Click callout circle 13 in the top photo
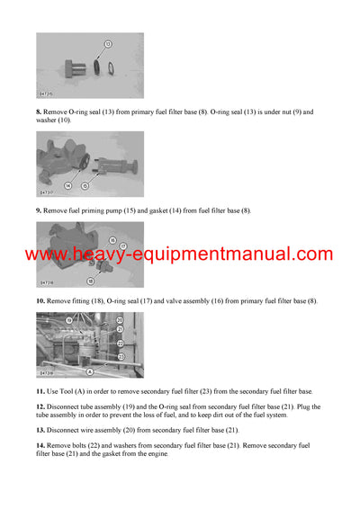click(108, 43)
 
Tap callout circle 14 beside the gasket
click(67, 185)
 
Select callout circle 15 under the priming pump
click(85, 186)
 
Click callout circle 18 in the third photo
click(89, 281)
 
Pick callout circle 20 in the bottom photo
click(121, 319)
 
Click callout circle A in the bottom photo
click(89, 371)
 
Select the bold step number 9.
click(40, 210)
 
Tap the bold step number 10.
click(40, 300)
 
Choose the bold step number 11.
click(40, 391)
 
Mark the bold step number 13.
click(40, 429)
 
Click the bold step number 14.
click(40, 445)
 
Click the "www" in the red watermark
click(47, 254)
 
